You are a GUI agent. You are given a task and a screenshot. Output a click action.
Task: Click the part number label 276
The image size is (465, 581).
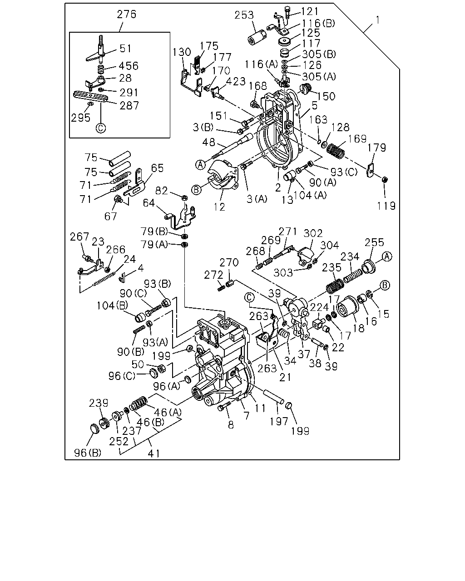126,14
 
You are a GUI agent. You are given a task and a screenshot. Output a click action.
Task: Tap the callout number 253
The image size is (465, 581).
244,15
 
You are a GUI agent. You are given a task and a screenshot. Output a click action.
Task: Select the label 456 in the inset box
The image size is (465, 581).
129,66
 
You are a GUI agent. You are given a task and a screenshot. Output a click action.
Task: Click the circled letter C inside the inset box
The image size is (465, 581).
101,128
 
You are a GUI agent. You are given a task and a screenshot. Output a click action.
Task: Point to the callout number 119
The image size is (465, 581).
386,206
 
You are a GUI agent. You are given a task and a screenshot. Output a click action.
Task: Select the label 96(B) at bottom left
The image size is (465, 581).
88,453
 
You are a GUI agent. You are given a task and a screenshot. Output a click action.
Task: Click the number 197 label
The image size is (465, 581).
279,421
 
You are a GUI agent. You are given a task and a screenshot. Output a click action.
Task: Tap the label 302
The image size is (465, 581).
313,233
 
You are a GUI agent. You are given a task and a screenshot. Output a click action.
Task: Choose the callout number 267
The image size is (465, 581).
79,237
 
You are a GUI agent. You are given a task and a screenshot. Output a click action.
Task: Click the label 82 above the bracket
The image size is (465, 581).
162,191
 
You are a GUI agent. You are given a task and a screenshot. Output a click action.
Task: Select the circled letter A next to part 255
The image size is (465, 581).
387,256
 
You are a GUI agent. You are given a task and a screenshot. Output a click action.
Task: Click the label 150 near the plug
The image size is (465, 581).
326,96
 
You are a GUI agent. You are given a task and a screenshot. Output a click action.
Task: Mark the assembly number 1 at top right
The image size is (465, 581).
377,20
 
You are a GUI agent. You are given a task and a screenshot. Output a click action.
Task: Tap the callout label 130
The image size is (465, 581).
182,52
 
